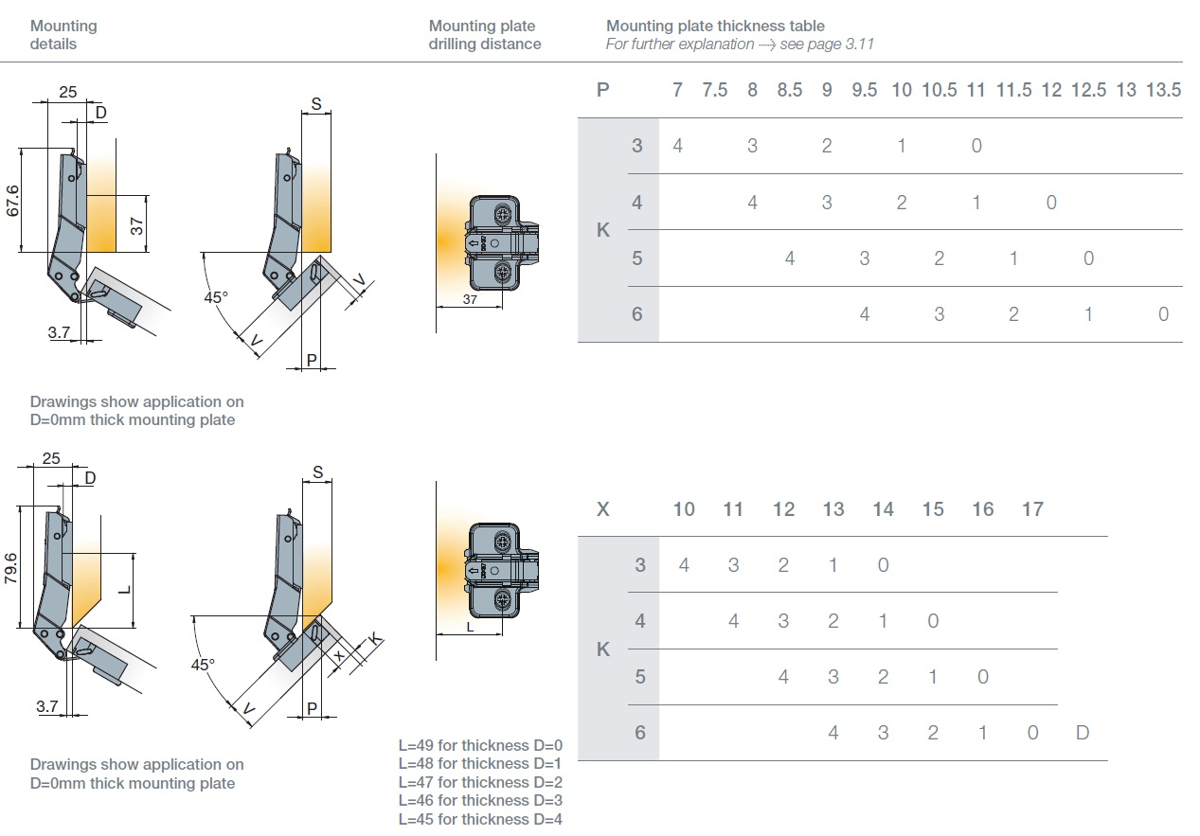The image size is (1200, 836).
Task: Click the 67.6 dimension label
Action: tap(13, 200)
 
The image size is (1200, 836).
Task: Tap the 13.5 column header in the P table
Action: tap(1163, 90)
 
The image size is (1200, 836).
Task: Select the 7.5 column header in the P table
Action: tap(715, 90)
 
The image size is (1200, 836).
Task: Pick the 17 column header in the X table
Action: tap(1032, 509)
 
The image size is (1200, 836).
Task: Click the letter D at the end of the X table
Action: tap(1083, 733)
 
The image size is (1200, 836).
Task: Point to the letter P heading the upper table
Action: tap(603, 90)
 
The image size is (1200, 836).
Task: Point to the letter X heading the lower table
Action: tap(603, 509)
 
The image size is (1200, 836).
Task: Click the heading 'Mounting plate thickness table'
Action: tap(715, 26)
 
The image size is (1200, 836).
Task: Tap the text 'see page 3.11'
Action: tap(827, 44)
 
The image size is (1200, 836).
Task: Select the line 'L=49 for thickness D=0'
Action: tap(480, 745)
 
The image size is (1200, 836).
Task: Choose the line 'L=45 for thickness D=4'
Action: tap(480, 819)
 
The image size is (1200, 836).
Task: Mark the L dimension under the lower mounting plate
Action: tap(471, 627)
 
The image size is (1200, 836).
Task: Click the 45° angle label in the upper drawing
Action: tap(216, 296)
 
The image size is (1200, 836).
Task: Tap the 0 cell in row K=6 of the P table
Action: tap(1163, 314)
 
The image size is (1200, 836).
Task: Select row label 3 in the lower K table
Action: tap(640, 565)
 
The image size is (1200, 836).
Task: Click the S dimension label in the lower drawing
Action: tap(318, 471)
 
